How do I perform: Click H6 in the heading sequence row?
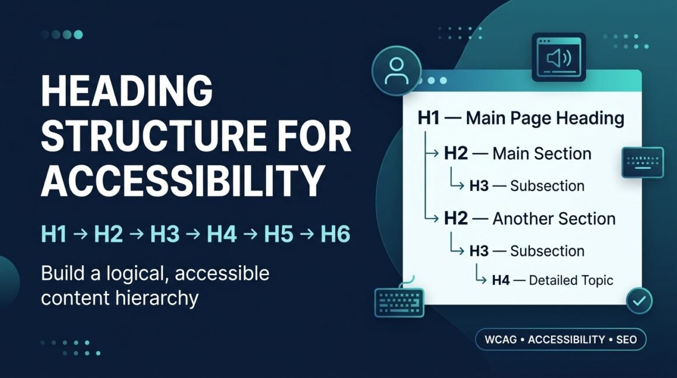point(335,235)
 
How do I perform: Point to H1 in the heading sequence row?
point(54,235)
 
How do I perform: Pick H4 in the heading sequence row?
point(222,235)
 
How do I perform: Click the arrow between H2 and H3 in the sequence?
point(137,235)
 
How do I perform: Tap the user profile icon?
point(396,71)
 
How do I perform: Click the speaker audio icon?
point(559,57)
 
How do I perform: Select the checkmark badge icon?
point(639,300)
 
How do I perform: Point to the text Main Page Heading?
point(545,118)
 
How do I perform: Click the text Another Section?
point(554,219)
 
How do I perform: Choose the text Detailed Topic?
point(571,280)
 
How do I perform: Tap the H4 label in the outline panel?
point(501,280)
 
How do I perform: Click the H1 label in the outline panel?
point(428,118)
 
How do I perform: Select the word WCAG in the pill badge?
point(500,339)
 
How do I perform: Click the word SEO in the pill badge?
point(626,339)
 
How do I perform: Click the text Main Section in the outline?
point(542,154)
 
